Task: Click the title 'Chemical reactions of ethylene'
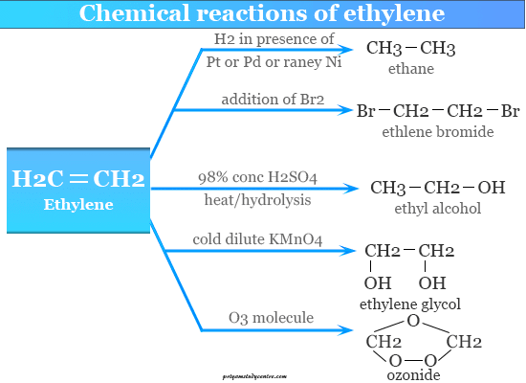click(262, 13)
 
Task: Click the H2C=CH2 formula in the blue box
click(78, 178)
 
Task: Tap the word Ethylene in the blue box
click(78, 204)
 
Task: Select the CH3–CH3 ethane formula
click(410, 48)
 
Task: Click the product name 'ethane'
click(411, 69)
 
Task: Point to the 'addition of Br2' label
click(273, 100)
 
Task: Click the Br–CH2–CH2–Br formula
click(438, 111)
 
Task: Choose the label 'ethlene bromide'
click(438, 132)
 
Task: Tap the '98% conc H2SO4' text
click(257, 177)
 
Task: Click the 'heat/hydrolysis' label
click(257, 200)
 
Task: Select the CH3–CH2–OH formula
click(438, 188)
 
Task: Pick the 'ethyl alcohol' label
click(438, 209)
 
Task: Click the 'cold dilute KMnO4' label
click(257, 239)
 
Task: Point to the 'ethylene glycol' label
click(410, 304)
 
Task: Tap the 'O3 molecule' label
click(271, 318)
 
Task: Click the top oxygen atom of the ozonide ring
click(413, 321)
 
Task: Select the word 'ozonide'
click(413, 375)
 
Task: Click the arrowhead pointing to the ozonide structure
click(345, 330)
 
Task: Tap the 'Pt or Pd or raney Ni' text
click(274, 62)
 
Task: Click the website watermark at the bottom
click(254, 376)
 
